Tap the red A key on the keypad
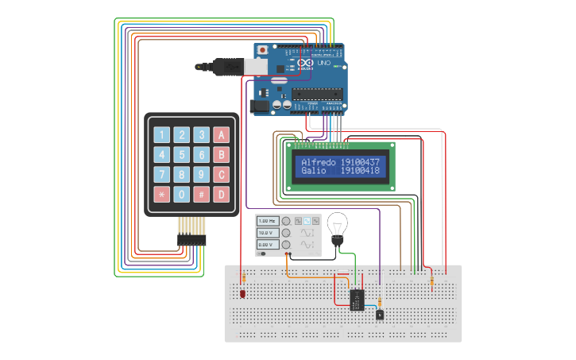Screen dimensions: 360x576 click(222, 135)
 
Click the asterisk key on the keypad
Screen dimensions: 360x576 click(162, 194)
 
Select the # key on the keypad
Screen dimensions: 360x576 click(202, 194)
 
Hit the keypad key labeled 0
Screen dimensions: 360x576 click(182, 194)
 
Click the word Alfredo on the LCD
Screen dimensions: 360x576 click(318, 162)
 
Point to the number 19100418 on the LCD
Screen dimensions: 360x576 click(360, 171)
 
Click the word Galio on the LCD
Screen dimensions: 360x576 click(313, 171)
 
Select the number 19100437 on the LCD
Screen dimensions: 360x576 click(360, 162)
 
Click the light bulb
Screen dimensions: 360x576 click(338, 226)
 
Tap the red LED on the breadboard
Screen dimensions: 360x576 click(242, 293)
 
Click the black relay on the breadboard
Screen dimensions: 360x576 click(358, 300)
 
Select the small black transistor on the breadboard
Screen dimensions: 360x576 click(380, 314)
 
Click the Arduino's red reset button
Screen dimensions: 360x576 click(262, 50)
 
